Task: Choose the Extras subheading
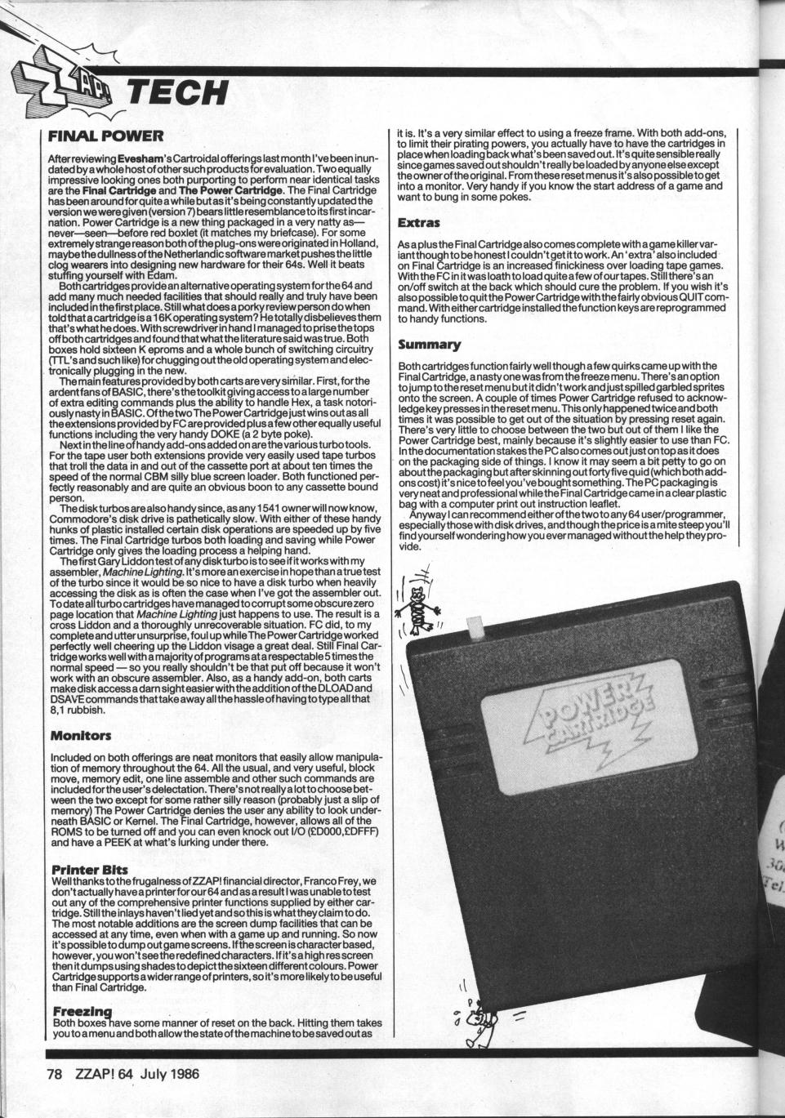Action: [418, 221]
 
